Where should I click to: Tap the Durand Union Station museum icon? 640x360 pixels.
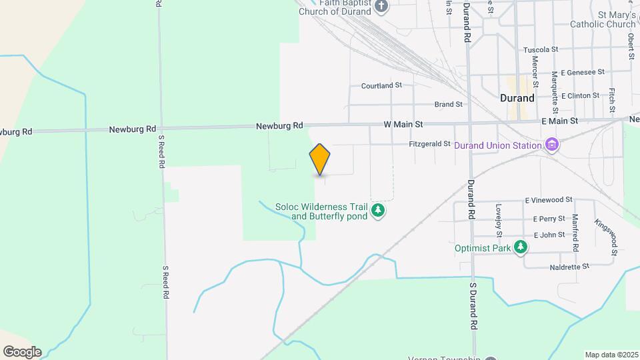point(551,145)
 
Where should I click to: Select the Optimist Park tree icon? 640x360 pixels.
point(521,248)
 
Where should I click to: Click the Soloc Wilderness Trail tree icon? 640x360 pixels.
point(378,211)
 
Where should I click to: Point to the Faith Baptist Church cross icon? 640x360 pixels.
point(381,7)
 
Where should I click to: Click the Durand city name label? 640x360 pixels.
point(517,98)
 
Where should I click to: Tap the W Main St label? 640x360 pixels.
point(403,124)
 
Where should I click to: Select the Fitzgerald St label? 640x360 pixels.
point(429,144)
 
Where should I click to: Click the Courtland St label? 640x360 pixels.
point(381,86)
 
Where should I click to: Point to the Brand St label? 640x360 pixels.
point(448,105)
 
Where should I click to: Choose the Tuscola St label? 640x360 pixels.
point(540,50)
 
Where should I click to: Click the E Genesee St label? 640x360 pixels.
point(583,72)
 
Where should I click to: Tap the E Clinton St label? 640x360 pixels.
point(580,95)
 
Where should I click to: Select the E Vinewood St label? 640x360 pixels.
point(549,199)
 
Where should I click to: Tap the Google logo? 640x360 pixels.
point(22,352)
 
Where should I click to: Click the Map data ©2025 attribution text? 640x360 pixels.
point(610,355)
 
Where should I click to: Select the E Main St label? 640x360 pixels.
point(559,121)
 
